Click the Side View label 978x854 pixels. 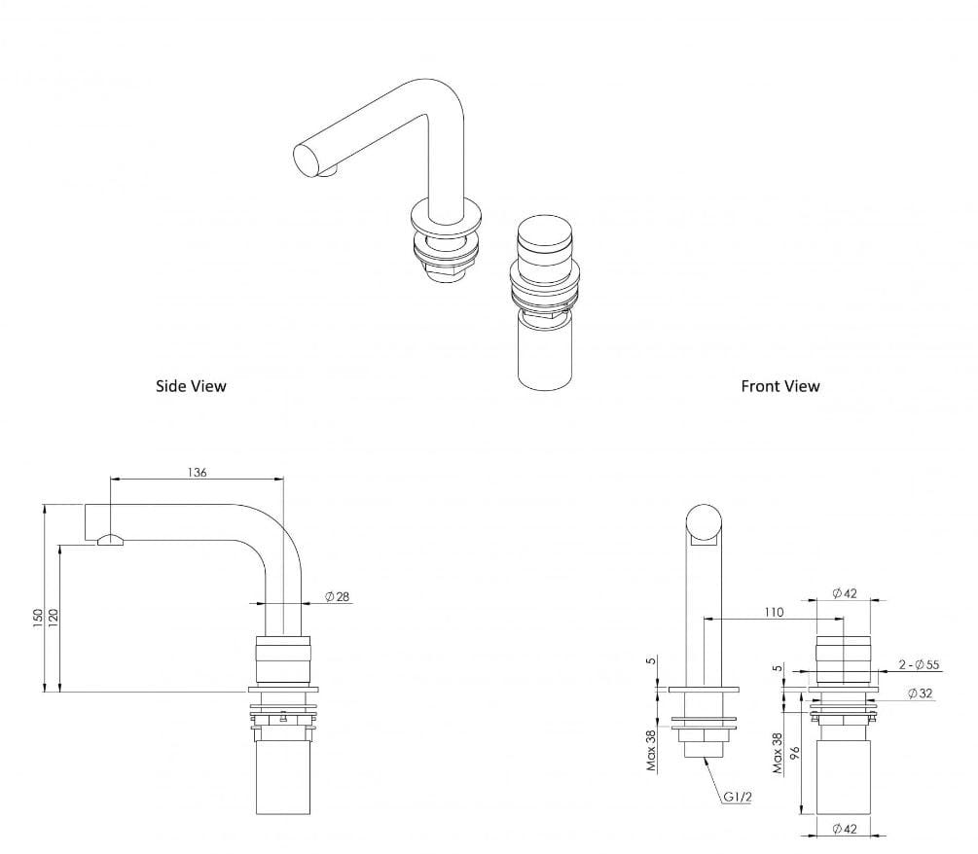[x=191, y=386]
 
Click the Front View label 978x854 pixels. [x=779, y=386]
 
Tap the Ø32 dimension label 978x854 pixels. [x=921, y=694]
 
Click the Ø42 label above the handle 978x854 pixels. [x=845, y=594]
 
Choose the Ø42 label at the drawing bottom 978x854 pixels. [x=845, y=829]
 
